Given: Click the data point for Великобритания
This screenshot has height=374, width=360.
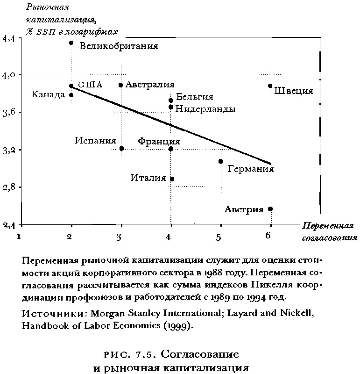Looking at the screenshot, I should coord(71,43).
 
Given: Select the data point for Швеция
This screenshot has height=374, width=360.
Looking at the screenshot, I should coord(270,86).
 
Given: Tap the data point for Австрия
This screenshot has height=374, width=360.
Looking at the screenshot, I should coord(270,209).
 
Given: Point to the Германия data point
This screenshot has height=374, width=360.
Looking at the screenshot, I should coord(220,161).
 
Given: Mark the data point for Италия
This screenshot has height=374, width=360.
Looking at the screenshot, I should coord(172,179).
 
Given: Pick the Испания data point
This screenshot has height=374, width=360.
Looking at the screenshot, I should coord(121,149).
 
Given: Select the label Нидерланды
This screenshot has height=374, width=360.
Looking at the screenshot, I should coord(205,108).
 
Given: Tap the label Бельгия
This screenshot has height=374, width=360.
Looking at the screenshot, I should coord(195,97).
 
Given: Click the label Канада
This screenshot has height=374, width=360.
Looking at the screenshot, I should coord(48,95).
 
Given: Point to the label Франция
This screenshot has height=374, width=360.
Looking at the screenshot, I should coord(159,141).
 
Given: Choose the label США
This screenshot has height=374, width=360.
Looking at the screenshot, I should coord(90,85).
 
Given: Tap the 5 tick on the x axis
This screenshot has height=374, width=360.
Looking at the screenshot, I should coord(219,237).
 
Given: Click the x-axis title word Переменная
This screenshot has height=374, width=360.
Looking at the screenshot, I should coord(327,226).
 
